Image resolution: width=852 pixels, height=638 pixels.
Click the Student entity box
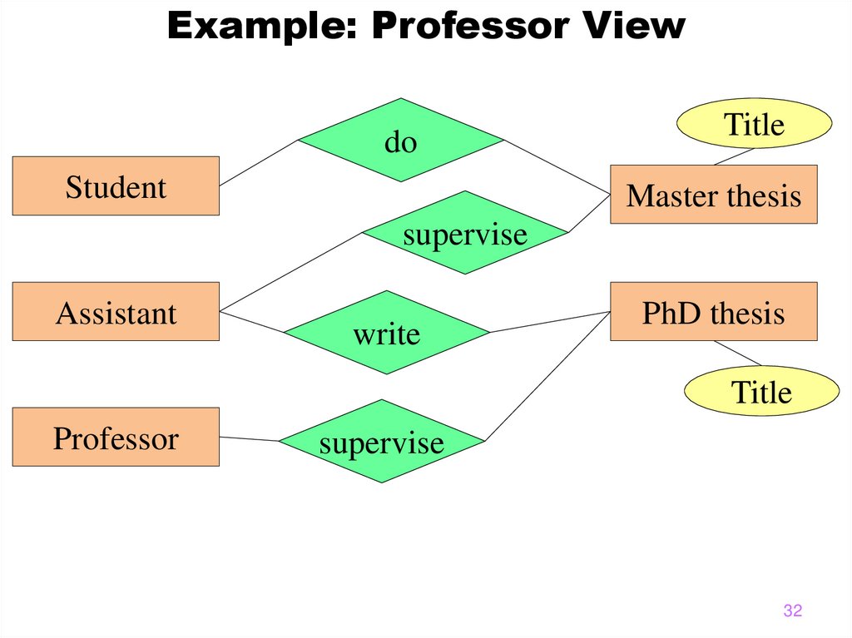point(116,186)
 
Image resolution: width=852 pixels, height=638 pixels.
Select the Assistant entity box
point(116,312)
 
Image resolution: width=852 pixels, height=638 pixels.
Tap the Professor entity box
point(116,438)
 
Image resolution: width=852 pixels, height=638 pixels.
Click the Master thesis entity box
point(713,195)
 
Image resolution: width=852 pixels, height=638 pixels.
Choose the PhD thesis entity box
point(713,312)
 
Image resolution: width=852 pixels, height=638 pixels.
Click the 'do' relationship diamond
point(401,141)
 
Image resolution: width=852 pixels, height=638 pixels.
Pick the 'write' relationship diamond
point(386,333)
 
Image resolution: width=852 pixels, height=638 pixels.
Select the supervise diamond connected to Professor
point(381,442)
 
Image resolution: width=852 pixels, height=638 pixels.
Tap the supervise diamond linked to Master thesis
point(465,233)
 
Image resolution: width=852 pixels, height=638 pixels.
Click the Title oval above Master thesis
point(754,124)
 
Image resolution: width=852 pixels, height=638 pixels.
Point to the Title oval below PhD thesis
point(760,392)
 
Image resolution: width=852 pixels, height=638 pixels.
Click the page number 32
point(792,611)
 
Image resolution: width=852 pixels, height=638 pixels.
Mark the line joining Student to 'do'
point(259,162)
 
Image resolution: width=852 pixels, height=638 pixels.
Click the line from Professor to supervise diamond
point(249,438)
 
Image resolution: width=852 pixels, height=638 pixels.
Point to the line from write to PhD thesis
point(549,322)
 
